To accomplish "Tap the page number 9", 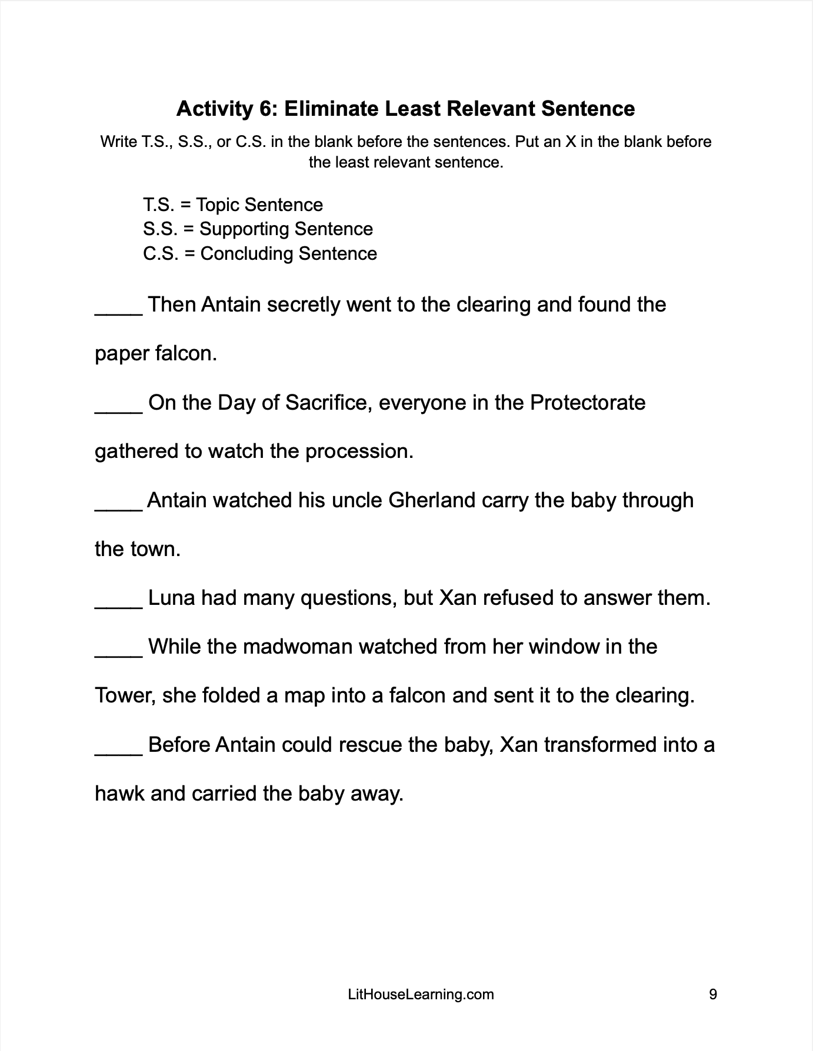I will tap(713, 994).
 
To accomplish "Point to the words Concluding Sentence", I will tap(288, 253).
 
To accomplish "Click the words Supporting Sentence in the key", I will tap(286, 229).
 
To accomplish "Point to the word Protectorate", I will tap(587, 403).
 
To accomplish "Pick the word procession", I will tap(359, 451).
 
